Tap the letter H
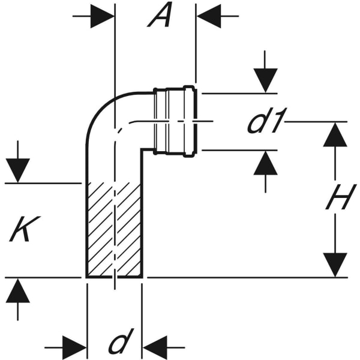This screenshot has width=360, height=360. pos(337,199)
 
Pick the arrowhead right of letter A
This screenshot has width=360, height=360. pos(208,16)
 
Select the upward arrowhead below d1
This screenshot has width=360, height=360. pos(265,163)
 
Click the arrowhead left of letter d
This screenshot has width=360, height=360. pos(75,346)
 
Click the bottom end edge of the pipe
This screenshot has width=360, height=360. pos(114,277)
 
